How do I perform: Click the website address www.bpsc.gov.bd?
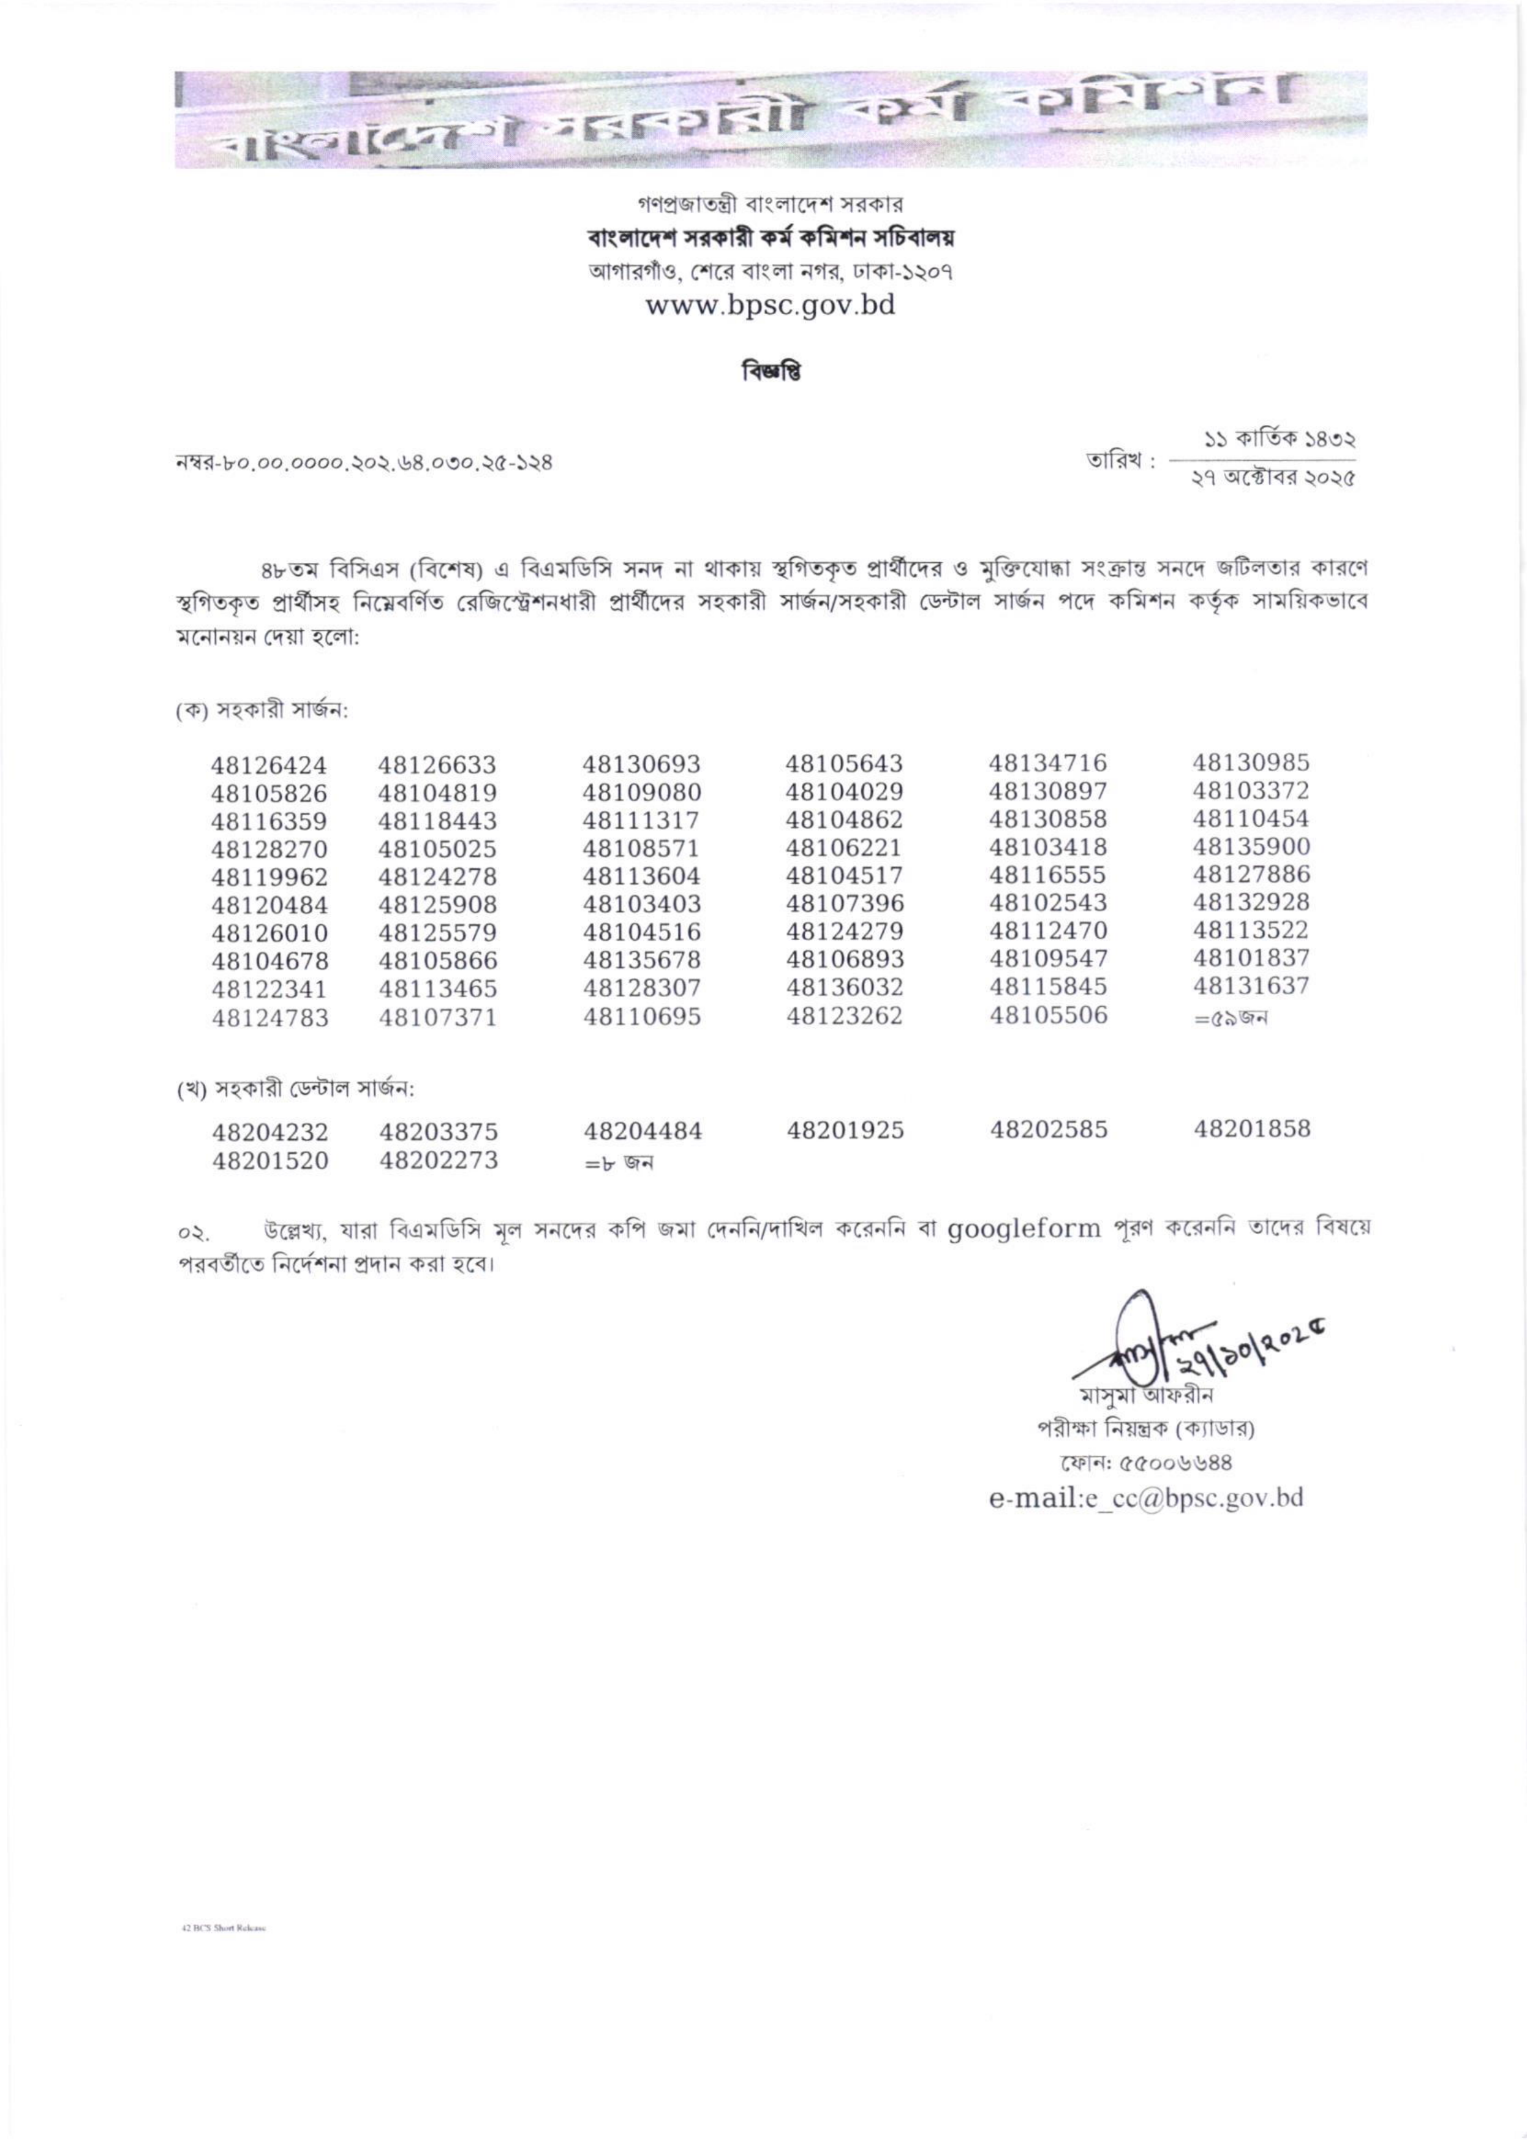pyautogui.click(x=769, y=306)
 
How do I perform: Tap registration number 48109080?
pyautogui.click(x=641, y=793)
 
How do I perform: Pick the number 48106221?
pyautogui.click(x=845, y=848)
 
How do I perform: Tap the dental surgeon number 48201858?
pyautogui.click(x=1251, y=1129)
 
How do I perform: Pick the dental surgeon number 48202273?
pyautogui.click(x=438, y=1160)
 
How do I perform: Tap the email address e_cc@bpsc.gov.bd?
pyautogui.click(x=1145, y=1498)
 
